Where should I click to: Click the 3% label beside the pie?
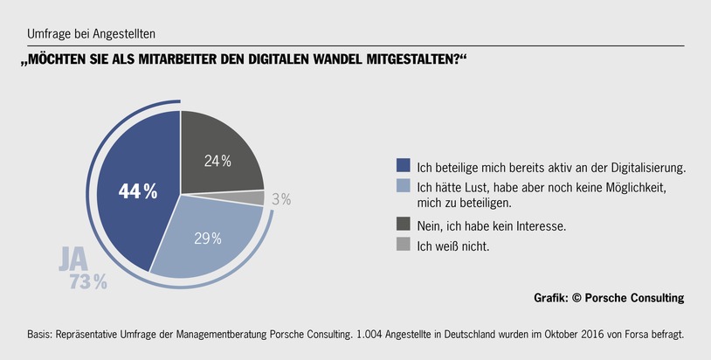(281, 200)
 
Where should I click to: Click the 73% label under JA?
(88, 281)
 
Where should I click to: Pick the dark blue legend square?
(403, 165)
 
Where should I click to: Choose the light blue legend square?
(403, 186)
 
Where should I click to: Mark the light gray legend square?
(403, 246)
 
